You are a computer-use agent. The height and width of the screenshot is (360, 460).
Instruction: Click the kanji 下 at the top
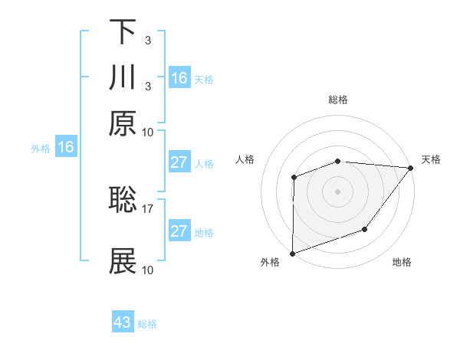(x=123, y=33)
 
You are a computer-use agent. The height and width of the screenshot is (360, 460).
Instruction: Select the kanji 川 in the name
(x=123, y=78)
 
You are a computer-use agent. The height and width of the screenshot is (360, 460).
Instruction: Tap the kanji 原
(x=123, y=123)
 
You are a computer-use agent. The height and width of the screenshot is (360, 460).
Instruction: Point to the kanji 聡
(x=123, y=201)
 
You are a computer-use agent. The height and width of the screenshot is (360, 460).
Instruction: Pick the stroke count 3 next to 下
(x=147, y=40)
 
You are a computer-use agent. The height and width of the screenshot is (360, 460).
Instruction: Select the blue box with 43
(x=123, y=322)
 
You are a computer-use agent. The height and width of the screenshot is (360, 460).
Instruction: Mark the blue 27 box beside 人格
(x=179, y=163)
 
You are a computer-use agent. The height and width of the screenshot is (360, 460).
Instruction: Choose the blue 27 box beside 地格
(x=179, y=231)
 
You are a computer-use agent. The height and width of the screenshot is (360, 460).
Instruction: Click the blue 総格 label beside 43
(x=147, y=324)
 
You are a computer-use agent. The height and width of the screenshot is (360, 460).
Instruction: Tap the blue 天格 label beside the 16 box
(x=203, y=79)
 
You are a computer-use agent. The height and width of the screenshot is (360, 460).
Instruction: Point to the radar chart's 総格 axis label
(x=337, y=100)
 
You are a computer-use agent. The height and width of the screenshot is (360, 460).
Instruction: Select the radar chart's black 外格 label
(x=270, y=263)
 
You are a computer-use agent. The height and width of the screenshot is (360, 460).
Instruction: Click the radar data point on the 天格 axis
(x=411, y=167)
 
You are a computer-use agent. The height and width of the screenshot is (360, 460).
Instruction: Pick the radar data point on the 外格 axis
(x=292, y=253)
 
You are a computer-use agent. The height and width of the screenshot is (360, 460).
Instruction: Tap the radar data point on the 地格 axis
(x=366, y=229)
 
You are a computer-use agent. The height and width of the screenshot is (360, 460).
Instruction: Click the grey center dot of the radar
(x=337, y=191)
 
